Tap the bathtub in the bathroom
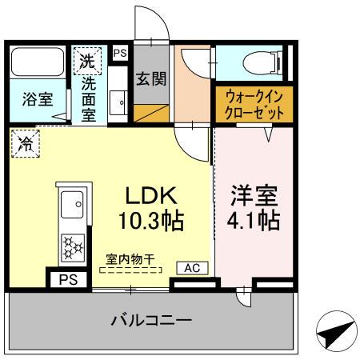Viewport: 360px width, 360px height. click(x=39, y=62)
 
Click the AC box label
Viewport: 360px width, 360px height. click(x=193, y=267)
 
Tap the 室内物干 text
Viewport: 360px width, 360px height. click(x=130, y=258)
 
